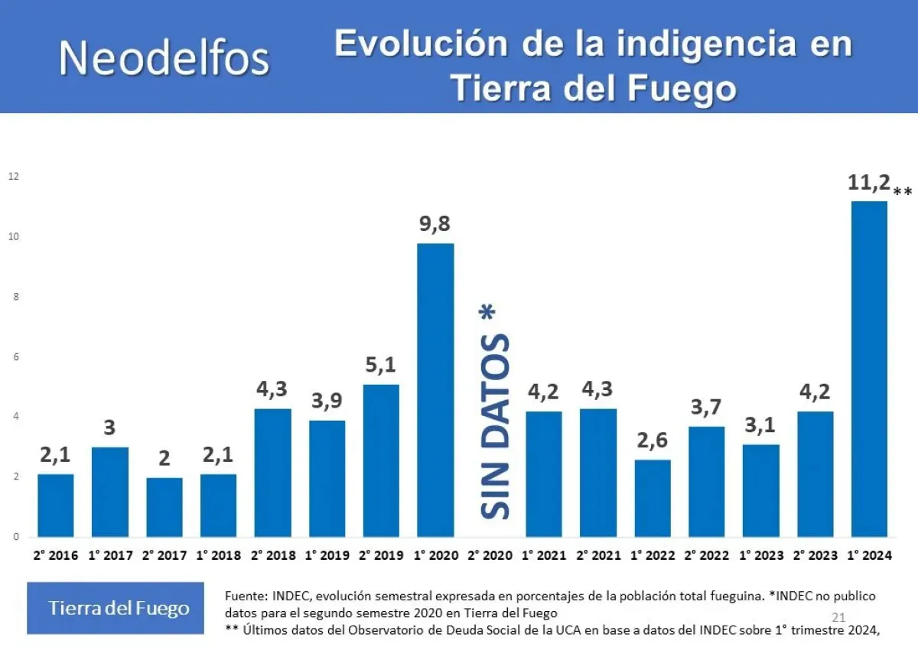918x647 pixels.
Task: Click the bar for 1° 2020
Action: (435, 390)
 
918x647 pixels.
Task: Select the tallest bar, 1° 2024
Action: (869, 369)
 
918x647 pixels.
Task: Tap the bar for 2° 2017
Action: (164, 507)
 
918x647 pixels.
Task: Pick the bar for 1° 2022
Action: (652, 498)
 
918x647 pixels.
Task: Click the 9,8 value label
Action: (435, 225)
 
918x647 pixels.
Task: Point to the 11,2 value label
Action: (869, 183)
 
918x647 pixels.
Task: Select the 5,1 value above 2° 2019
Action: (381, 366)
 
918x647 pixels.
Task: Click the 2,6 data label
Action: (652, 441)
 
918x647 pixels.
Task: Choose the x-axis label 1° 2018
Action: (219, 556)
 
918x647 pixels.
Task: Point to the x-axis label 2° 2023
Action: (815, 556)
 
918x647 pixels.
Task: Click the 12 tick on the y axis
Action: (13, 177)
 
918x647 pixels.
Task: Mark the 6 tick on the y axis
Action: (15, 357)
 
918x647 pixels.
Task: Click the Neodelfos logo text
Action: (164, 57)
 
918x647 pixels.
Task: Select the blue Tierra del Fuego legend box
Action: (116, 608)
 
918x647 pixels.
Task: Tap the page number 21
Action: (837, 617)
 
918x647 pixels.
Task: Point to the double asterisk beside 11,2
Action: (903, 191)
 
